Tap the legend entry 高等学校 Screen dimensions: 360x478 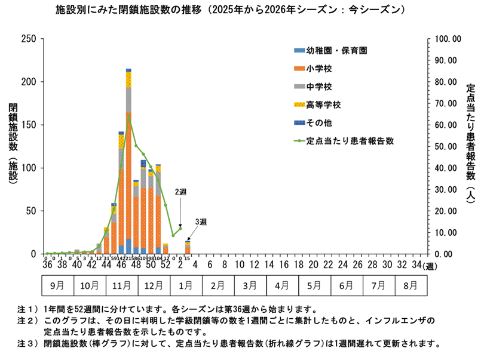[319, 105]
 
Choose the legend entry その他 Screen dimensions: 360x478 [314, 123]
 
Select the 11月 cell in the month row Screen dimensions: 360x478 [122, 285]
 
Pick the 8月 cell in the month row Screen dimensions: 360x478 [410, 285]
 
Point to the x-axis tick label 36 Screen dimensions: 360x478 [47, 264]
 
